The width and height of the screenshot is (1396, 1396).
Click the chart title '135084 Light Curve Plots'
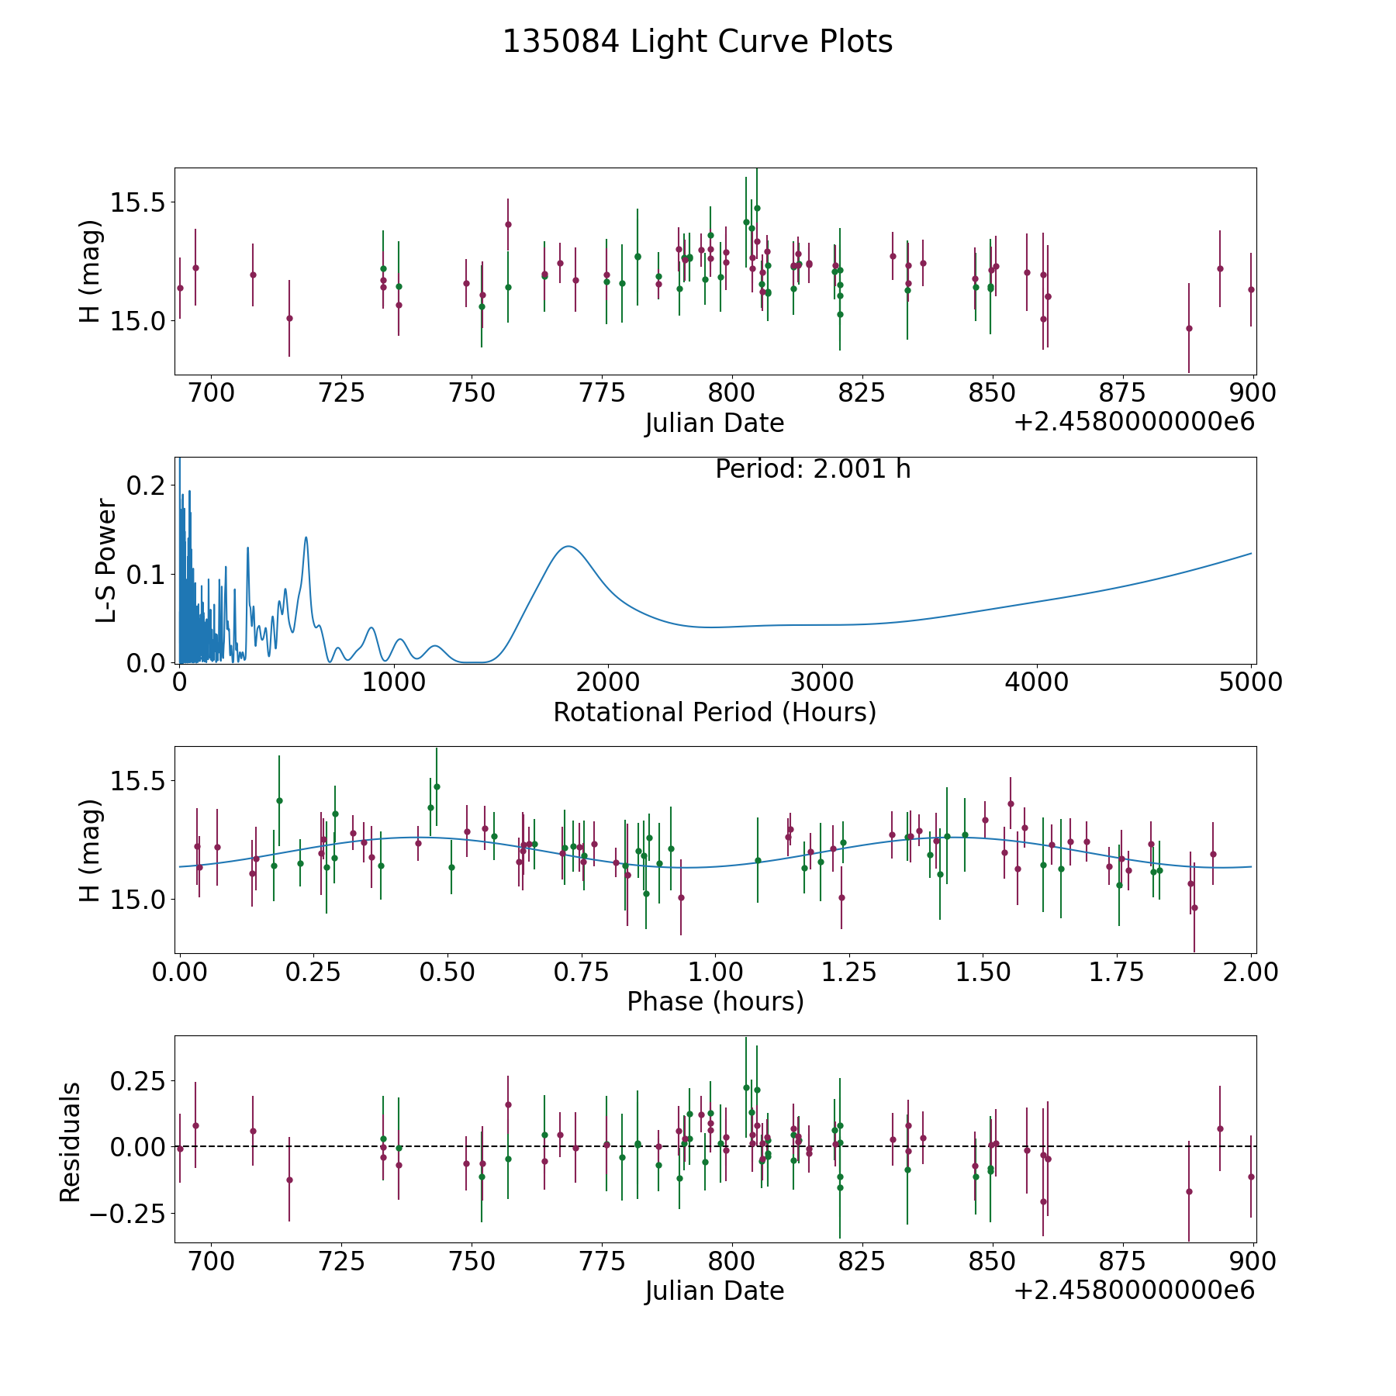[697, 42]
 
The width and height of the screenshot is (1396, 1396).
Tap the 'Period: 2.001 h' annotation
[813, 469]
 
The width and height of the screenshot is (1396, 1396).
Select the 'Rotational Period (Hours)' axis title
[714, 712]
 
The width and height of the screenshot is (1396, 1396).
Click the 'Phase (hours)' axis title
[715, 1001]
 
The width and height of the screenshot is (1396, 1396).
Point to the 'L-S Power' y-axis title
[106, 560]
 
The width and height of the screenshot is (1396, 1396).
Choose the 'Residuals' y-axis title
[71, 1142]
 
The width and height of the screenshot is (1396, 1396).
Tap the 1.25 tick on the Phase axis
[849, 972]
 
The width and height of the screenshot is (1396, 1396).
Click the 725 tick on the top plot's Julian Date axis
[342, 393]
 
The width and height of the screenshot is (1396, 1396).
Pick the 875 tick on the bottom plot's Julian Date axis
[1123, 1261]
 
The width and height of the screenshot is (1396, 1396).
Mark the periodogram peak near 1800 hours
[568, 546]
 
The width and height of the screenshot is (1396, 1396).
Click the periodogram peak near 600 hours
[306, 537]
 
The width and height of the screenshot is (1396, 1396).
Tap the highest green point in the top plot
[757, 208]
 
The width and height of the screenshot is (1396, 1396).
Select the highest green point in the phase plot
[437, 786]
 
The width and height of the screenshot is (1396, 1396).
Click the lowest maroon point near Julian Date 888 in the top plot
[1189, 328]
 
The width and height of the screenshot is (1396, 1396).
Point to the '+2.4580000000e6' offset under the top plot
[1134, 423]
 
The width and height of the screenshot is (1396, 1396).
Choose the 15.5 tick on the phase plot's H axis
[137, 780]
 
